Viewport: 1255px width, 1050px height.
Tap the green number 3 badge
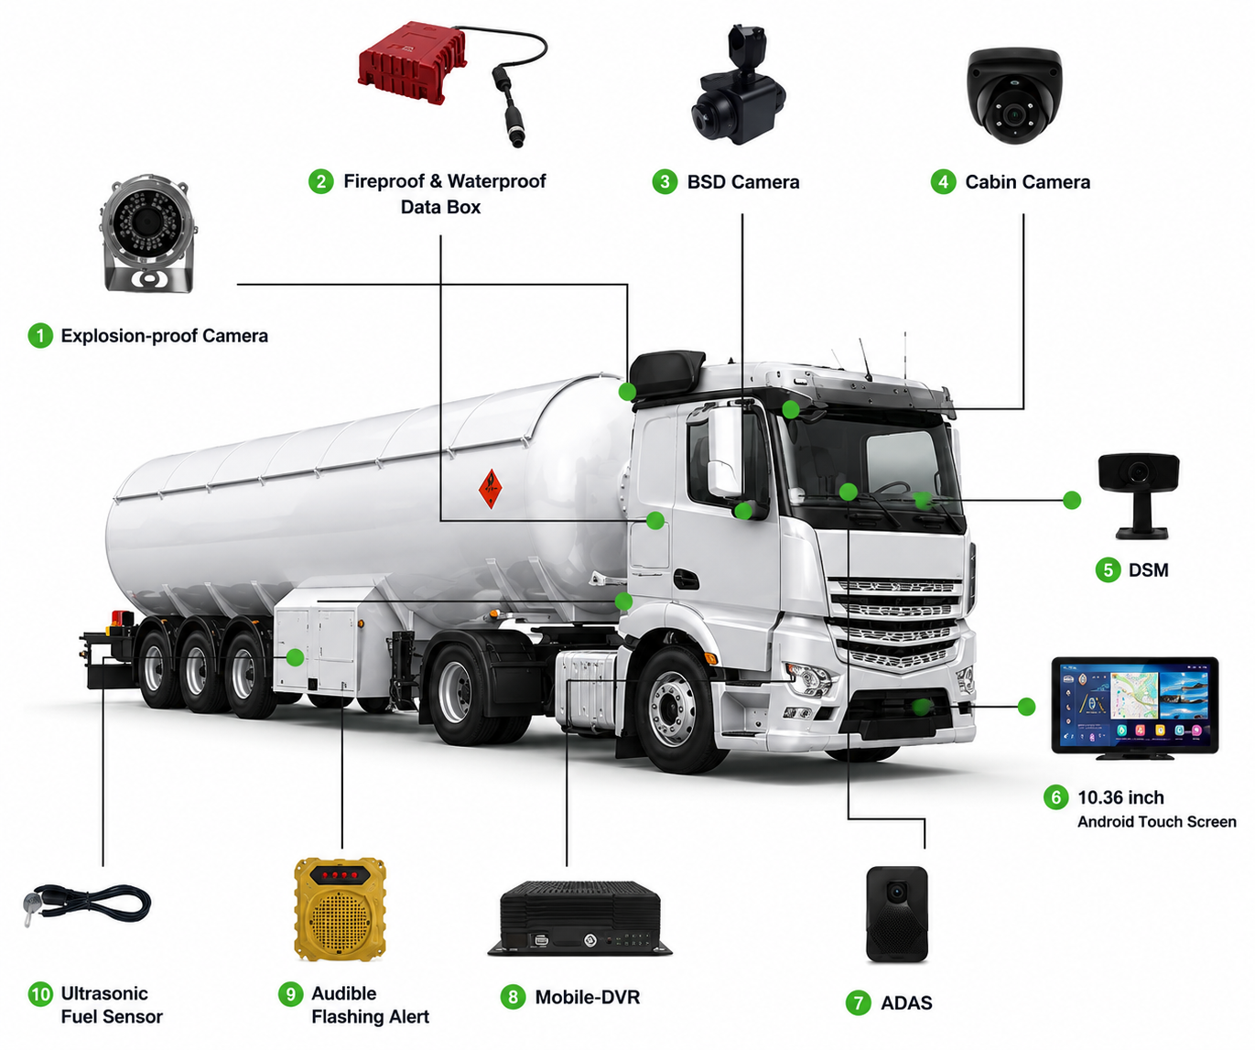(665, 181)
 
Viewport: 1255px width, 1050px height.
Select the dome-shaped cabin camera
(1013, 95)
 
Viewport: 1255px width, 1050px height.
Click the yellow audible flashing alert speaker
(340, 909)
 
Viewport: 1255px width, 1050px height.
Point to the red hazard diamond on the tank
(491, 489)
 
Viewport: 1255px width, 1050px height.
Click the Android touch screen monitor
(1135, 708)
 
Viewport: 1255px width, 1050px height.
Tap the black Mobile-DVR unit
(579, 918)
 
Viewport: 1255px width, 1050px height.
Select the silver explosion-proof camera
(148, 233)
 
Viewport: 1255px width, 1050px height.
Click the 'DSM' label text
(1148, 569)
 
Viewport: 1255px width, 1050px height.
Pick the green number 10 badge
(40, 993)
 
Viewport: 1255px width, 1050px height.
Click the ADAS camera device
(897, 914)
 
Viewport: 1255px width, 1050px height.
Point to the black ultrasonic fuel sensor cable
(88, 904)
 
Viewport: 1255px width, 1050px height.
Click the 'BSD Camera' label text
(743, 182)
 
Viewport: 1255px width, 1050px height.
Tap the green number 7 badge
(858, 1002)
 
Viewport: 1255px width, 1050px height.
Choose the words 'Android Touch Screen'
(1156, 822)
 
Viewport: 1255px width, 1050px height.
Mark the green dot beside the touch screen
(1026, 707)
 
